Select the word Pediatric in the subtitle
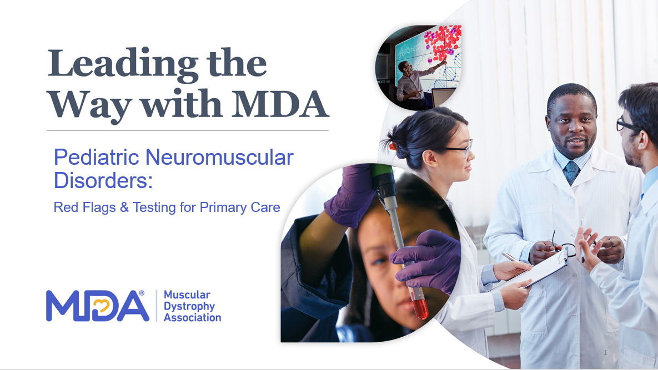pos(97,158)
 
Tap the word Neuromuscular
pos(219,158)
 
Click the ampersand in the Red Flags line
pos(124,207)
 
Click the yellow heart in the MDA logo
pos(101,306)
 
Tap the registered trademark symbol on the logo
pos(142,293)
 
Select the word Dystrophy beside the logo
pos(189,307)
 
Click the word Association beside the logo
pos(192,318)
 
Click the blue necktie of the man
pos(571,173)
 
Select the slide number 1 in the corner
pos(605,353)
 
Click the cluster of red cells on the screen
pos(443,42)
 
